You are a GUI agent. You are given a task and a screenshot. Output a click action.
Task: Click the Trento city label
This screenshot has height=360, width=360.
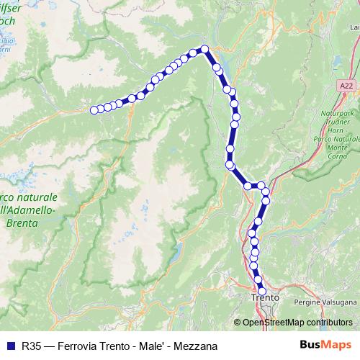click(x=264, y=297)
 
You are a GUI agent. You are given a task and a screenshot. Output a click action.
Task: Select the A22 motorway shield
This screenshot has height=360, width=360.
click(x=348, y=85)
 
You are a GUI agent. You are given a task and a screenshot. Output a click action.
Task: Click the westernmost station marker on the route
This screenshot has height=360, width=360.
click(x=94, y=110)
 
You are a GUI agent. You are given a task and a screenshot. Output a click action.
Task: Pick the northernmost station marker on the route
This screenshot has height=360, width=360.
click(x=204, y=49)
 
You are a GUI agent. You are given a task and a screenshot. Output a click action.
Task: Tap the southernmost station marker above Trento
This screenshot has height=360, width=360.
click(x=261, y=289)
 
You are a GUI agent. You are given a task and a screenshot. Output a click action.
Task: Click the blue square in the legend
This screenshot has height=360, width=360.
click(x=10, y=346)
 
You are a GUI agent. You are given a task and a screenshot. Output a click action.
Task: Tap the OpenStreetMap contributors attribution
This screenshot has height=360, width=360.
click(x=298, y=322)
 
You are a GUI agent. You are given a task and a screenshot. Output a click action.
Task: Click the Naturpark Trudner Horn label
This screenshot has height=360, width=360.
click(x=336, y=120)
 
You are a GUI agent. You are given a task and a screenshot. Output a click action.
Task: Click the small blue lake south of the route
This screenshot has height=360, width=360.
click(x=176, y=252)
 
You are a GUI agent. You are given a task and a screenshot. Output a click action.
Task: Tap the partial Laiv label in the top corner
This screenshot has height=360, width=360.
click(x=354, y=27)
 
